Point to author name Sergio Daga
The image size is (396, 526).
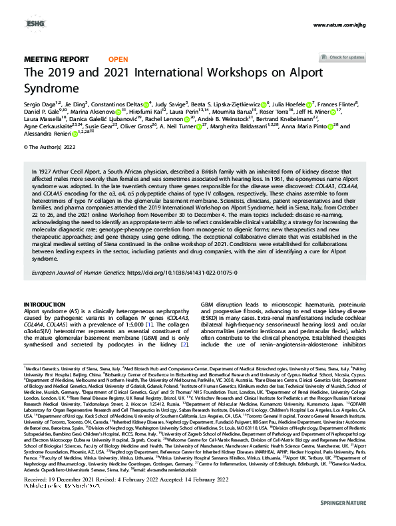point(39,104)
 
